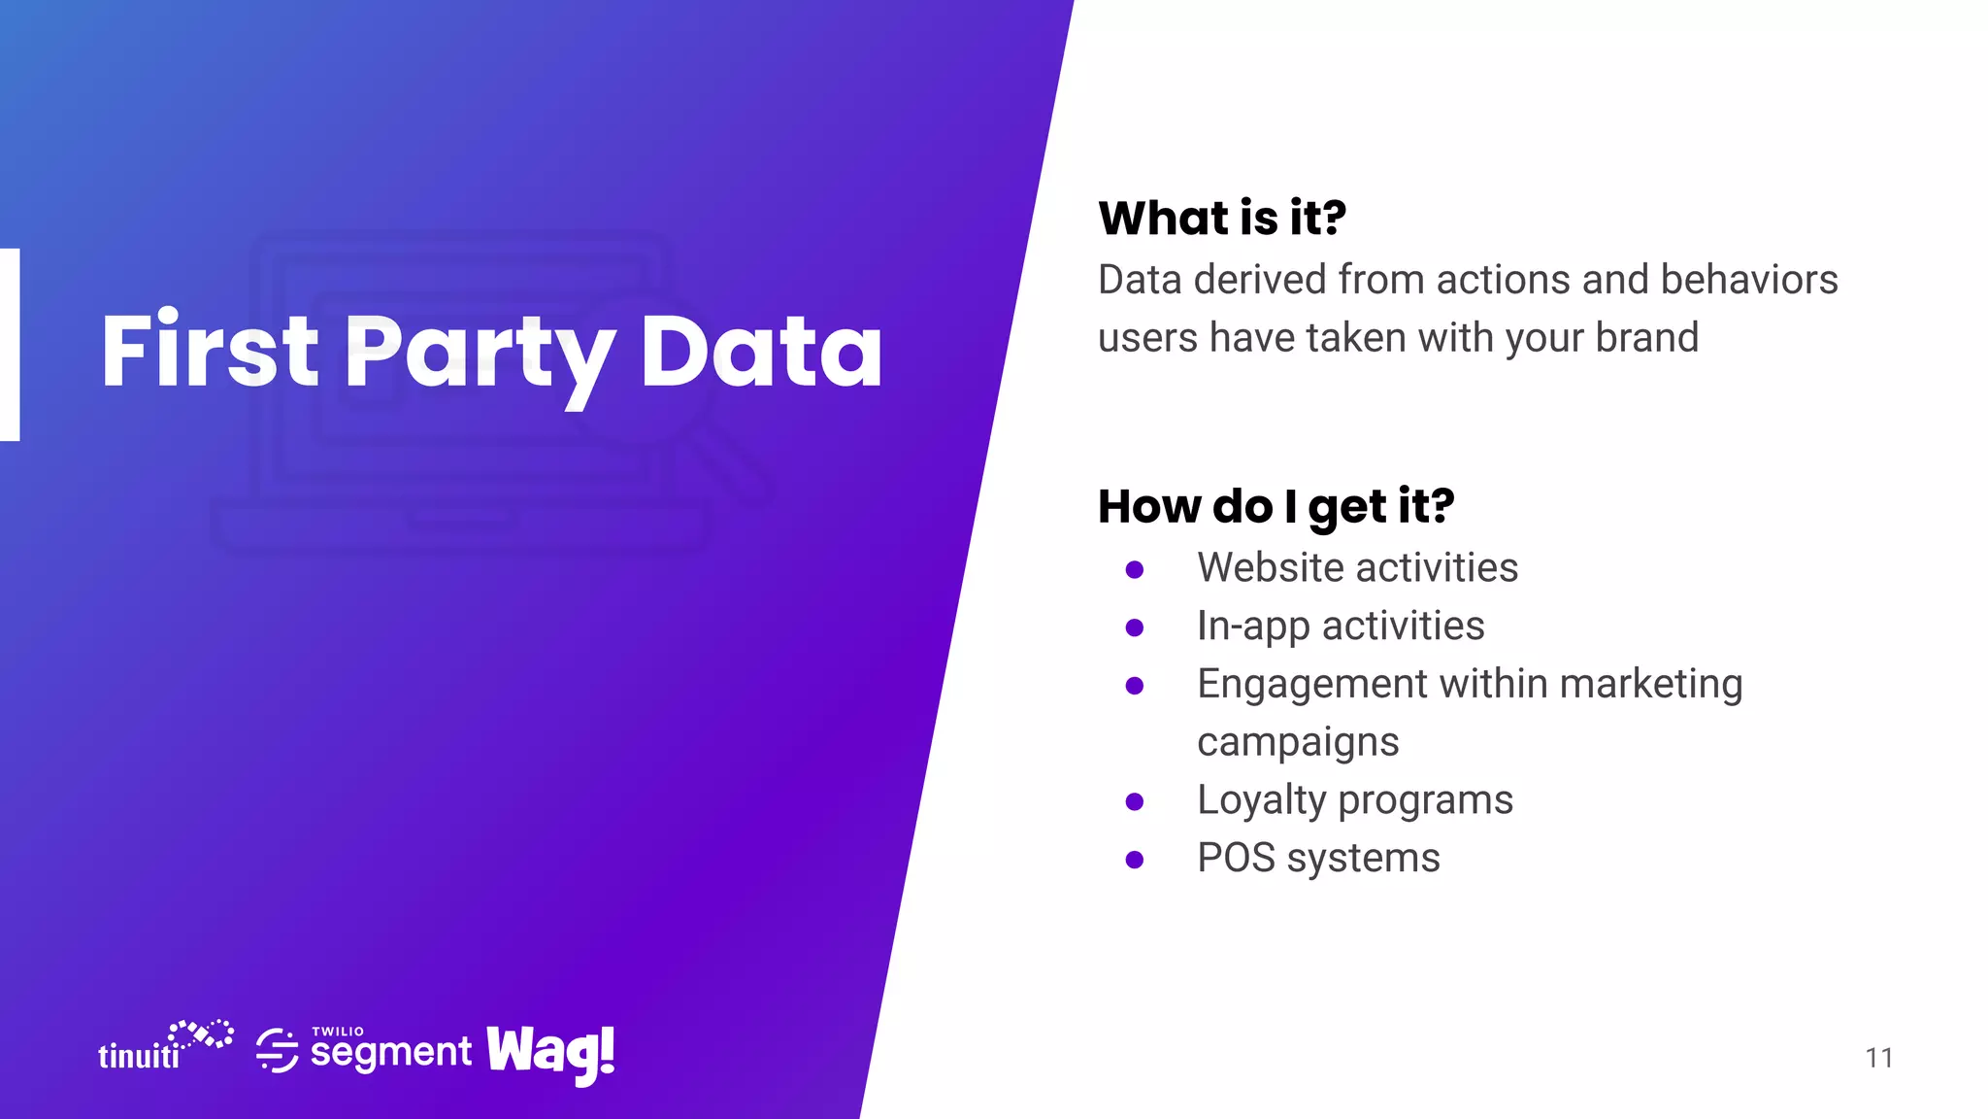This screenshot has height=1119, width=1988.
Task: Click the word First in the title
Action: (x=209, y=352)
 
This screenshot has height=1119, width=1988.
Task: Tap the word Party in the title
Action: (x=480, y=355)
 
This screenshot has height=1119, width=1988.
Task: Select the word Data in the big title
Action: (x=761, y=352)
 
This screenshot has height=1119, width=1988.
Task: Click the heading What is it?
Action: (x=1221, y=218)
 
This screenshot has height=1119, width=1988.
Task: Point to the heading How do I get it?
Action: (x=1276, y=506)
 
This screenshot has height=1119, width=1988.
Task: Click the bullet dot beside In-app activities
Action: (x=1134, y=627)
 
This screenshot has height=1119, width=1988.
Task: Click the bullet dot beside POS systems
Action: (x=1134, y=860)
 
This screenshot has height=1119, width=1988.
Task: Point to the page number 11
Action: (x=1878, y=1058)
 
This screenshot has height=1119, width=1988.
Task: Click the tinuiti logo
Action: (x=163, y=1046)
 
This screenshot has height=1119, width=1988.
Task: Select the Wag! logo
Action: (x=550, y=1053)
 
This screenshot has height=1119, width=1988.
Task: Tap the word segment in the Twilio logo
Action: (x=390, y=1052)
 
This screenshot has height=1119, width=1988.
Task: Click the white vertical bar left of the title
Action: (x=10, y=345)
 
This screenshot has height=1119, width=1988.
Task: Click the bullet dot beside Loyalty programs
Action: (x=1134, y=801)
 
